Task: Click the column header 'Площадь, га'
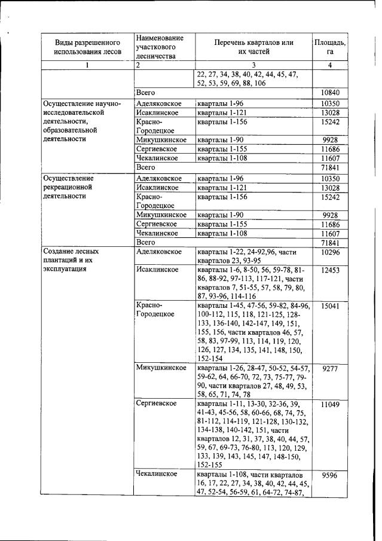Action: pos(329,47)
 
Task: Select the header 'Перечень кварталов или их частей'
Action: pos(254,47)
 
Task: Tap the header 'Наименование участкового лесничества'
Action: pos(159,47)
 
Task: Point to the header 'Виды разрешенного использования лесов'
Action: pos(88,47)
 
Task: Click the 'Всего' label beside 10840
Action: pos(146,93)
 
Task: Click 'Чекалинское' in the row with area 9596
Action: pos(156,474)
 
